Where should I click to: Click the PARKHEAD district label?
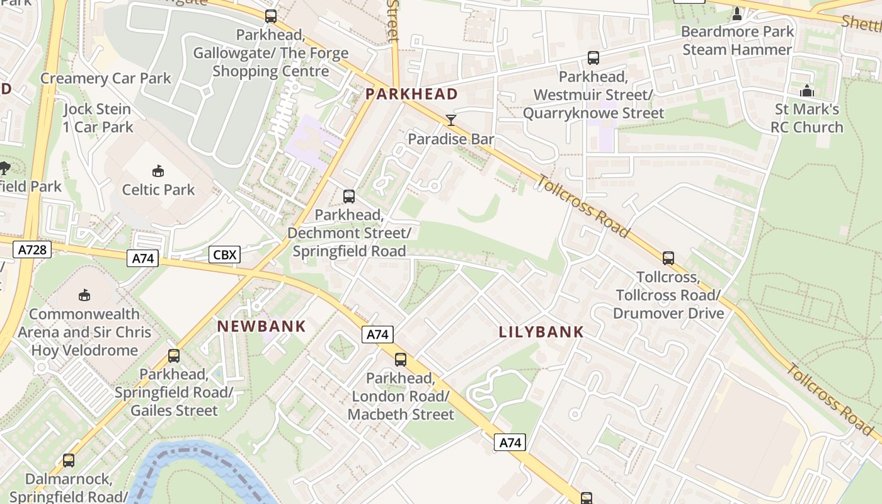[411, 94]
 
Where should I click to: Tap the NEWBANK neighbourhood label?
[261, 326]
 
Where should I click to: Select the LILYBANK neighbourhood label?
[541, 332]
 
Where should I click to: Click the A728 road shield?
[32, 249]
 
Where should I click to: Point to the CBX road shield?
[224, 255]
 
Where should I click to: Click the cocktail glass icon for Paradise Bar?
[450, 120]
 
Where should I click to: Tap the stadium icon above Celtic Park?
[158, 171]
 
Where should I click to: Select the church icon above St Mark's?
[807, 91]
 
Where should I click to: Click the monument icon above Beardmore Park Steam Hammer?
[736, 13]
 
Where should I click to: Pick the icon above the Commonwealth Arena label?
[84, 295]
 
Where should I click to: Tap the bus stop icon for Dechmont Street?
[348, 197]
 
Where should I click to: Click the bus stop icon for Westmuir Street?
[593, 59]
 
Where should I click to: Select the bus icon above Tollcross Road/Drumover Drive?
[668, 258]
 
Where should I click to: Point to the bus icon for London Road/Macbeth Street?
[400, 360]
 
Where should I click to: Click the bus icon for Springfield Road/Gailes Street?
[173, 356]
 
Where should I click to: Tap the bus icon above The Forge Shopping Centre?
[270, 16]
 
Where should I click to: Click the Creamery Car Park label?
[106, 78]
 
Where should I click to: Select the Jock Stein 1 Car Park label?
[98, 118]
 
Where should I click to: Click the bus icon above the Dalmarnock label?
[68, 461]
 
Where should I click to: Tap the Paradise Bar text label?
[451, 139]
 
